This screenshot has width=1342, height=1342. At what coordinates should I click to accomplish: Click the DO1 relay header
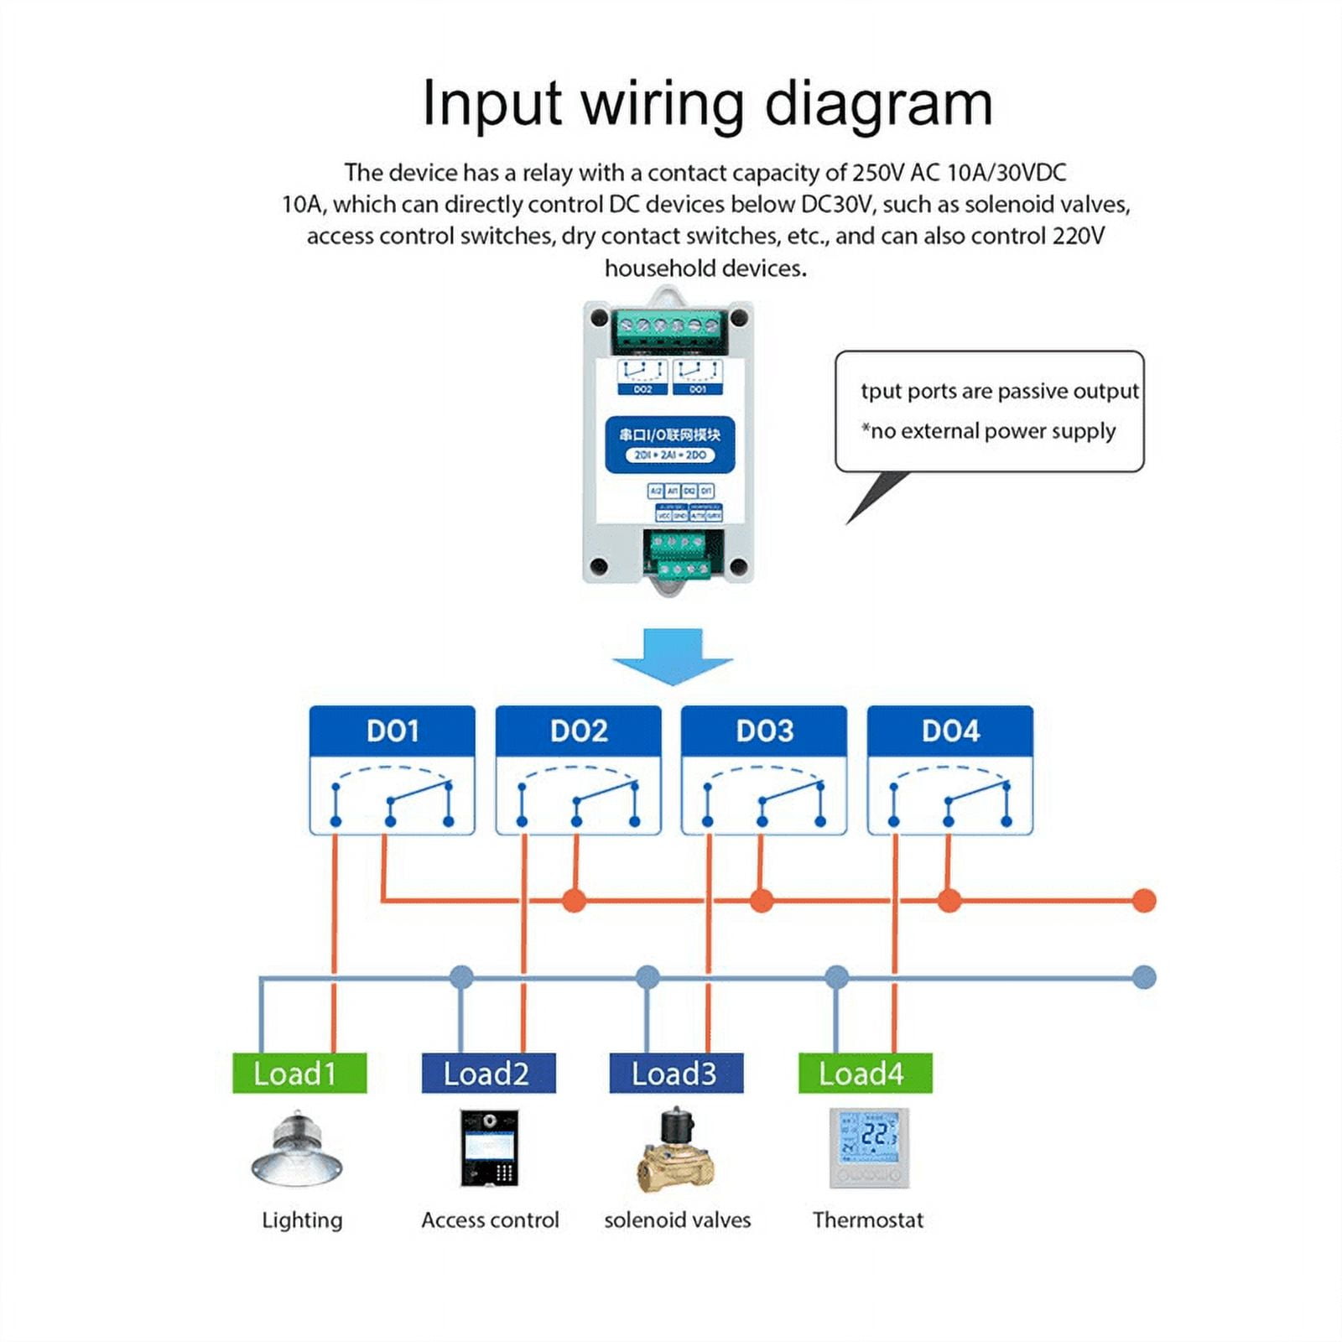click(x=392, y=731)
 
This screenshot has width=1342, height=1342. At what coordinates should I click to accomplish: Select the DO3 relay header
click(x=764, y=731)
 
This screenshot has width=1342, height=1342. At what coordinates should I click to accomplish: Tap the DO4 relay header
click(x=949, y=731)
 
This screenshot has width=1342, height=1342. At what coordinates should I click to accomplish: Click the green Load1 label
click(x=299, y=1074)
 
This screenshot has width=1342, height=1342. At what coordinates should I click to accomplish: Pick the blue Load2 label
click(x=488, y=1074)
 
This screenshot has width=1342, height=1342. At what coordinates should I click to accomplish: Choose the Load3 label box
click(x=676, y=1074)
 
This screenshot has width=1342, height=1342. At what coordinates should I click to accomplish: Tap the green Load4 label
click(x=865, y=1074)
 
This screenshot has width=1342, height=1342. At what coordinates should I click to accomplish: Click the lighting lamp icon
click(x=297, y=1149)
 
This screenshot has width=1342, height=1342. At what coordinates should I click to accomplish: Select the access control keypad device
click(x=489, y=1148)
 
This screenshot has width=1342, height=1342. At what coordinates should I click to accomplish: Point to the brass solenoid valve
click(x=676, y=1151)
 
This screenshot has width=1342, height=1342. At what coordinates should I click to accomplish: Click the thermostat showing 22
click(x=869, y=1147)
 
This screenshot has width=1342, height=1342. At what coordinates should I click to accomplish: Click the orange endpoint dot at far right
click(x=1144, y=901)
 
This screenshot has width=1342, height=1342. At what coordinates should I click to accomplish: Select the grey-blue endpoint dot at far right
click(x=1144, y=977)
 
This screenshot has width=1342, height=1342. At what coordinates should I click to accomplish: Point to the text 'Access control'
click(x=490, y=1220)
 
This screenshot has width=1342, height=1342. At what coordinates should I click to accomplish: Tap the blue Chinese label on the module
click(x=670, y=443)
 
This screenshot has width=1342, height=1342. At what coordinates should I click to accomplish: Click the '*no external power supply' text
click(x=990, y=431)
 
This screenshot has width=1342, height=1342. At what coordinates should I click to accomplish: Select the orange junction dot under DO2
click(x=575, y=901)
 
